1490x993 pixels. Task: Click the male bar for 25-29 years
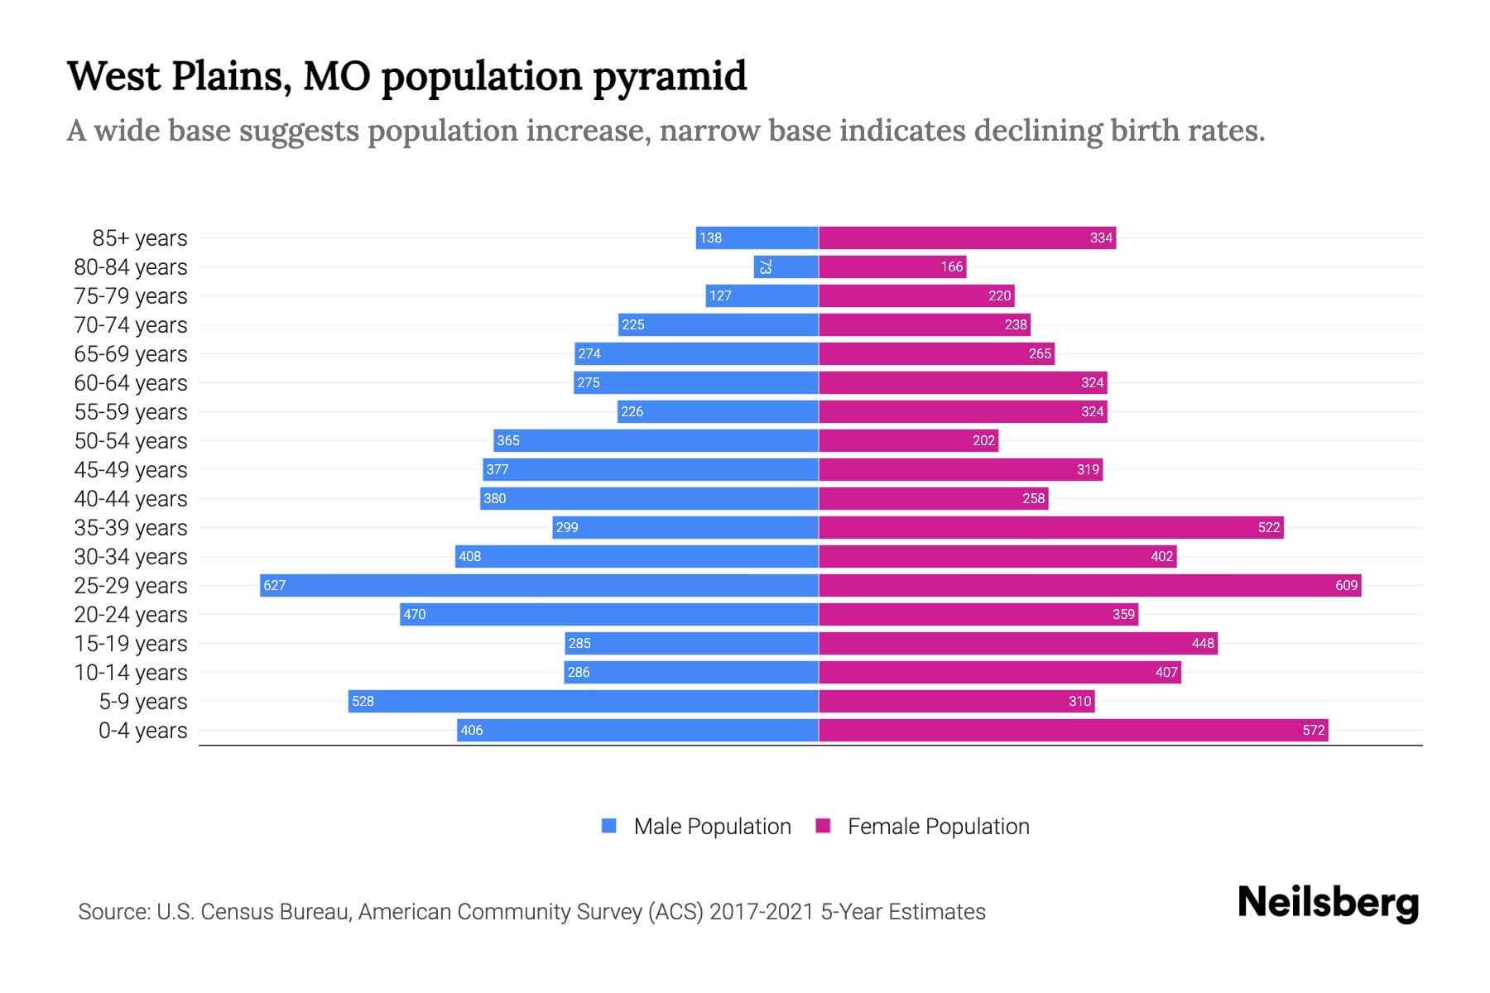[x=539, y=585]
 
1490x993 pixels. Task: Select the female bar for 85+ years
[x=967, y=237]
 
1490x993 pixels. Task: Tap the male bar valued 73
[x=786, y=266]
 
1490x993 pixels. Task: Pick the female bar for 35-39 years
[x=1050, y=527]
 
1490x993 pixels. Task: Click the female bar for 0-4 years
[x=1073, y=730]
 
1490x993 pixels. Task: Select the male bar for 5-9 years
[x=583, y=701]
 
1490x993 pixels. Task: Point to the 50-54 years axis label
[x=131, y=441]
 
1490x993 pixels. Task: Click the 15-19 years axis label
[x=131, y=644]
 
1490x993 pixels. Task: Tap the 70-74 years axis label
[x=131, y=325]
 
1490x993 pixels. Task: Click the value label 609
[x=1346, y=585]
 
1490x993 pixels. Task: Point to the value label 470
[x=414, y=614]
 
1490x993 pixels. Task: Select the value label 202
[x=983, y=440]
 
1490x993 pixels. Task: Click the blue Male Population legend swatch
[x=609, y=826]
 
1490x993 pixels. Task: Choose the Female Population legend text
[x=938, y=827]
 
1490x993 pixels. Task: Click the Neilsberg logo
[x=1328, y=903]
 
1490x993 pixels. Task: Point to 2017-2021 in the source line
[x=762, y=912]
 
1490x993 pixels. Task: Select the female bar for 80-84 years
[x=892, y=266]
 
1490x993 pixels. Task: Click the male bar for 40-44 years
[x=649, y=498]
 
